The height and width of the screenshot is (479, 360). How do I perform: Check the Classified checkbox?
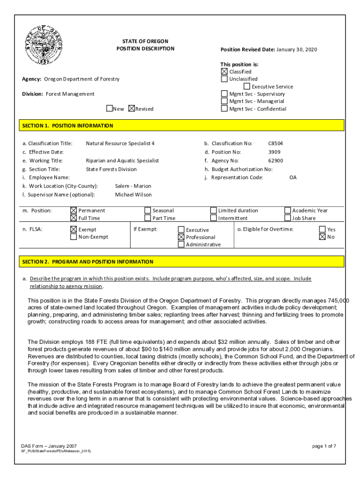(224, 72)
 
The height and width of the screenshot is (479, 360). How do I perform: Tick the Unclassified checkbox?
(224, 79)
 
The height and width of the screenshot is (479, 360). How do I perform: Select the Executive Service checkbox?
(247, 87)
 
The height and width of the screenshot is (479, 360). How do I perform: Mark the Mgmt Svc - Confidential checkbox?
(224, 109)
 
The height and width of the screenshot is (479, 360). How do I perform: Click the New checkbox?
(109, 109)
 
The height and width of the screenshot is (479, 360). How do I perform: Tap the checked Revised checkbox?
(131, 109)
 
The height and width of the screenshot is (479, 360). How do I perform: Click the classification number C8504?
(275, 143)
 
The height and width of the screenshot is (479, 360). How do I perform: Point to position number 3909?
(274, 152)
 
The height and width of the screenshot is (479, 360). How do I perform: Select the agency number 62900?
(275, 160)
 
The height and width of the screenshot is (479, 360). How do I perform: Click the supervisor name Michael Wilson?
(133, 195)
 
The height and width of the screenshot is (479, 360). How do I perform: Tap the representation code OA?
(293, 177)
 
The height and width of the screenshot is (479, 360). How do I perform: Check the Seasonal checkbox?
(148, 210)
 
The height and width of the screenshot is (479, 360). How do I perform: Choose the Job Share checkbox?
(288, 218)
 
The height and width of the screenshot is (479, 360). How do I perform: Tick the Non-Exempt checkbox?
(73, 237)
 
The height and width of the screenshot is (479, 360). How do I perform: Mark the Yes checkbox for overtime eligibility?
(322, 229)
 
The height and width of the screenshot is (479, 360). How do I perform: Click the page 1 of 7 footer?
(324, 446)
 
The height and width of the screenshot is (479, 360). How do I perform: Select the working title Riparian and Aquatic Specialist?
(122, 160)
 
